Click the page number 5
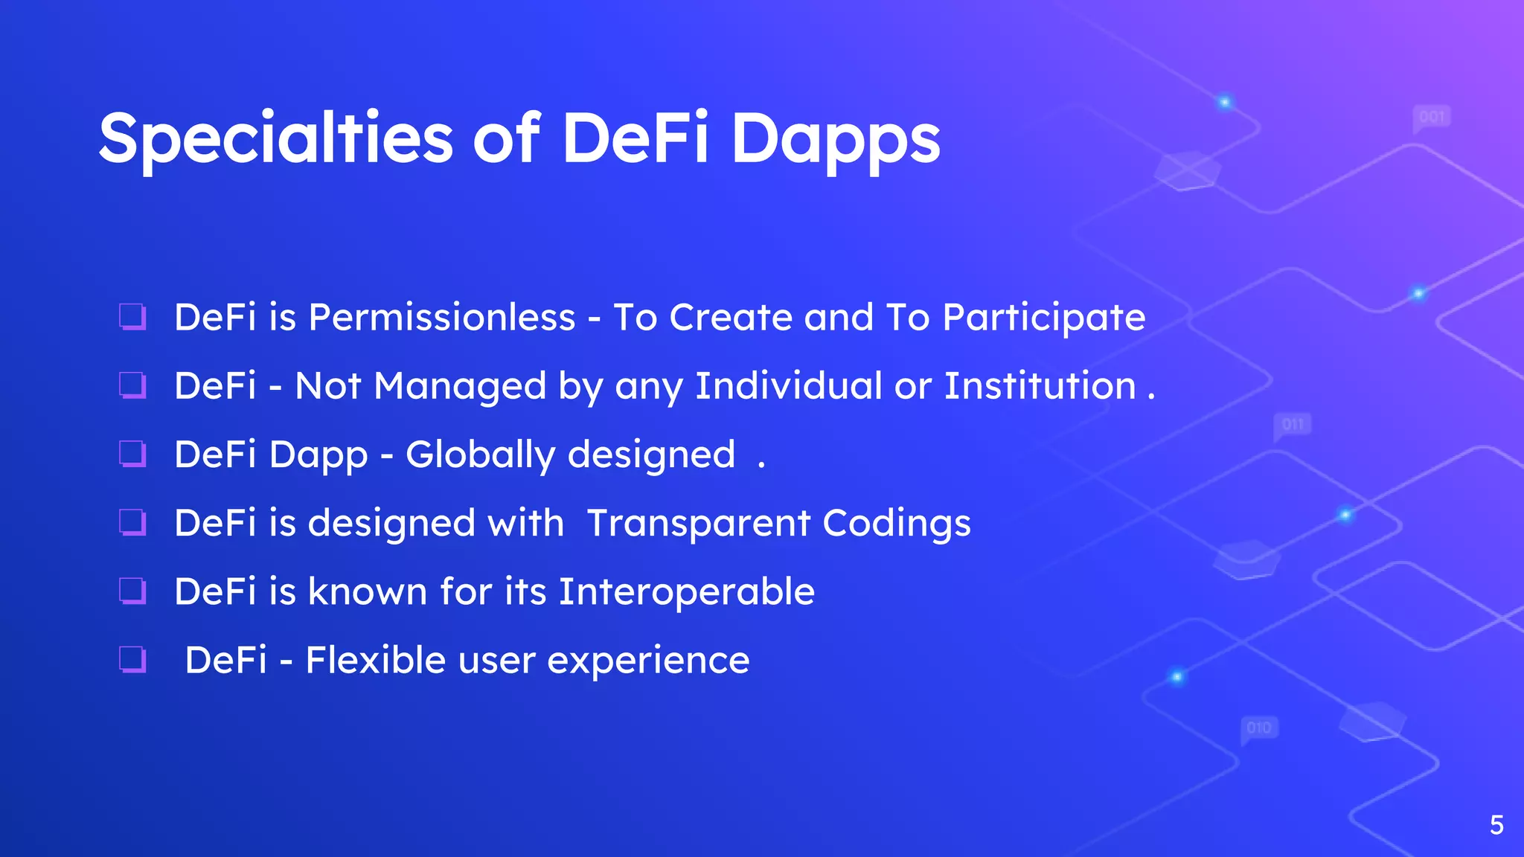tap(1496, 825)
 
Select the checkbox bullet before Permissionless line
tap(132, 316)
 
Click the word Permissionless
tap(442, 318)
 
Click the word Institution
tap(1040, 386)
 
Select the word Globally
tap(480, 455)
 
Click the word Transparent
tap(698, 523)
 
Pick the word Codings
tap(897, 523)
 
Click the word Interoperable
tap(686, 591)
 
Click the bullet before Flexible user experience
tap(132, 659)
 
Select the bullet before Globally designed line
tap(132, 453)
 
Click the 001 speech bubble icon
tap(1431, 118)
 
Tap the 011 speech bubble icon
tap(1293, 425)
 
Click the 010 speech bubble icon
tap(1259, 728)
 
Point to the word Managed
tap(460, 386)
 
